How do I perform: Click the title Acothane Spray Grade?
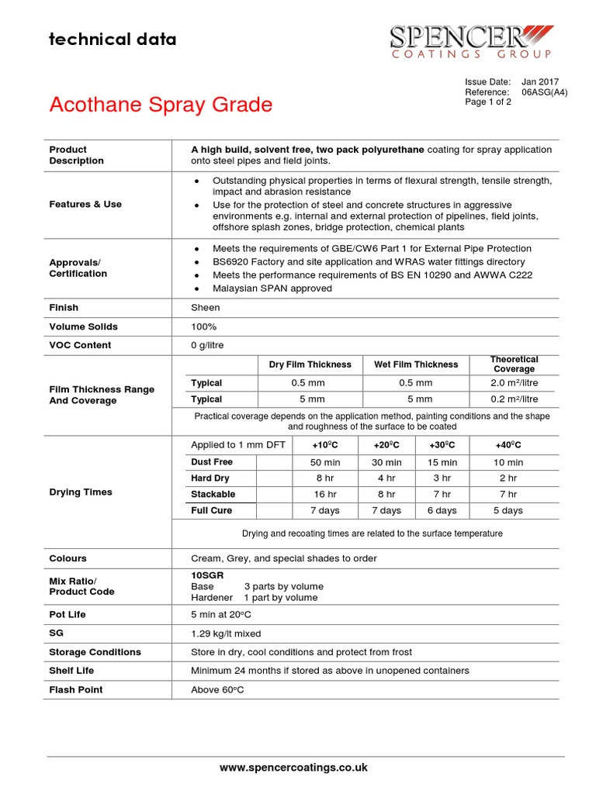[x=161, y=105]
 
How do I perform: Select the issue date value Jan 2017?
[x=539, y=81]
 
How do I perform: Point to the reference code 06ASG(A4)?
[x=544, y=91]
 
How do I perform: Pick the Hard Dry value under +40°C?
[x=508, y=478]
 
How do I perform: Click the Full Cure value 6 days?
[x=442, y=510]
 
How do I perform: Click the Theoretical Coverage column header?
[x=514, y=364]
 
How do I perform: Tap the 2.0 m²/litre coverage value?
[x=514, y=383]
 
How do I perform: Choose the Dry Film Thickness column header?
[x=310, y=364]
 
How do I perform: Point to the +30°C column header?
[x=442, y=445]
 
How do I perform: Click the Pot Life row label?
[x=68, y=614]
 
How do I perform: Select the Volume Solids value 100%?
[x=203, y=326]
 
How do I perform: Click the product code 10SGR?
[x=206, y=575]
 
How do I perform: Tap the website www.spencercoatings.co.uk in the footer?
[x=293, y=768]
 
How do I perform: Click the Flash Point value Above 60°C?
[x=217, y=689]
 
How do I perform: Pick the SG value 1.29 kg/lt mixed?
[x=226, y=633]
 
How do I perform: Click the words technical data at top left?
[x=113, y=39]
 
